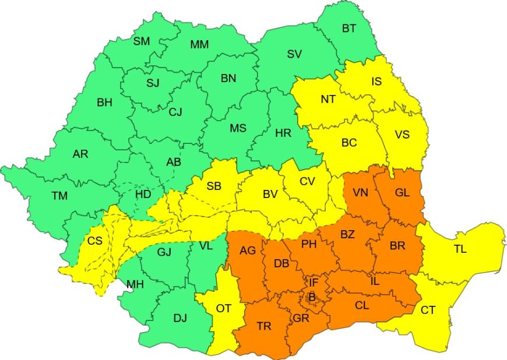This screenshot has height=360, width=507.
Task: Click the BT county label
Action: pyautogui.click(x=348, y=29)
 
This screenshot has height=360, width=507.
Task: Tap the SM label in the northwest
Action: pyautogui.click(x=142, y=41)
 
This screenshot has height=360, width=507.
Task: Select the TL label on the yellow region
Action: pyautogui.click(x=460, y=249)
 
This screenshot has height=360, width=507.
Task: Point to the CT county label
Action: pyautogui.click(x=428, y=310)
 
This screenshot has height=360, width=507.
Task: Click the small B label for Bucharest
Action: pyautogui.click(x=312, y=298)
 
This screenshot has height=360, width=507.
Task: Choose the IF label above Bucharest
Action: pyautogui.click(x=314, y=283)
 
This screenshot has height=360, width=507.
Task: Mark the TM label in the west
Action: pyautogui.click(x=59, y=196)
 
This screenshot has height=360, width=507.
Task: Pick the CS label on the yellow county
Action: pyautogui.click(x=95, y=241)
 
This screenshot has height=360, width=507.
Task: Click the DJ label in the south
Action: pyautogui.click(x=180, y=318)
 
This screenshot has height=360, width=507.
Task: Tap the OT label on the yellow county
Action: pyautogui.click(x=224, y=308)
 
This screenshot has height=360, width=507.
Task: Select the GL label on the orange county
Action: pyautogui.click(x=402, y=192)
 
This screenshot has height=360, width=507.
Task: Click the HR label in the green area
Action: pyautogui.click(x=283, y=133)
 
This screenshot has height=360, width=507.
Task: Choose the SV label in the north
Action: pyautogui.click(x=294, y=54)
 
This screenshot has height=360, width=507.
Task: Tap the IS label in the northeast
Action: pyautogui.click(x=376, y=82)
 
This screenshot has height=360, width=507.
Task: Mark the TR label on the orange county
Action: pyautogui.click(x=263, y=326)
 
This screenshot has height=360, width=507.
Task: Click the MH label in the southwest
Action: pyautogui.click(x=135, y=284)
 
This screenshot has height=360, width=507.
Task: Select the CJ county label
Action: pyautogui.click(x=175, y=112)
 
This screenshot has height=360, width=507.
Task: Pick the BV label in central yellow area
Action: pyautogui.click(x=269, y=195)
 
